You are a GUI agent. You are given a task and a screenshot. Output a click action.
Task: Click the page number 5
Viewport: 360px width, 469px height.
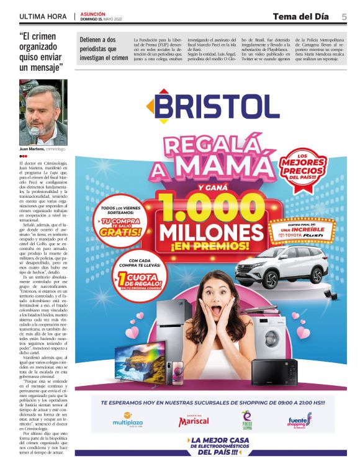[344, 16]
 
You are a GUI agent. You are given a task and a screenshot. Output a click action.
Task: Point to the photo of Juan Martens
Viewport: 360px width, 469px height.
[43, 111]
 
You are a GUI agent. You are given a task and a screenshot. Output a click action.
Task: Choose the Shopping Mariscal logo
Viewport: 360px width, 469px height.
[193, 420]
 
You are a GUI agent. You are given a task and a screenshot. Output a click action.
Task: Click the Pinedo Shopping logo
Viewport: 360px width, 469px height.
[247, 419]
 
